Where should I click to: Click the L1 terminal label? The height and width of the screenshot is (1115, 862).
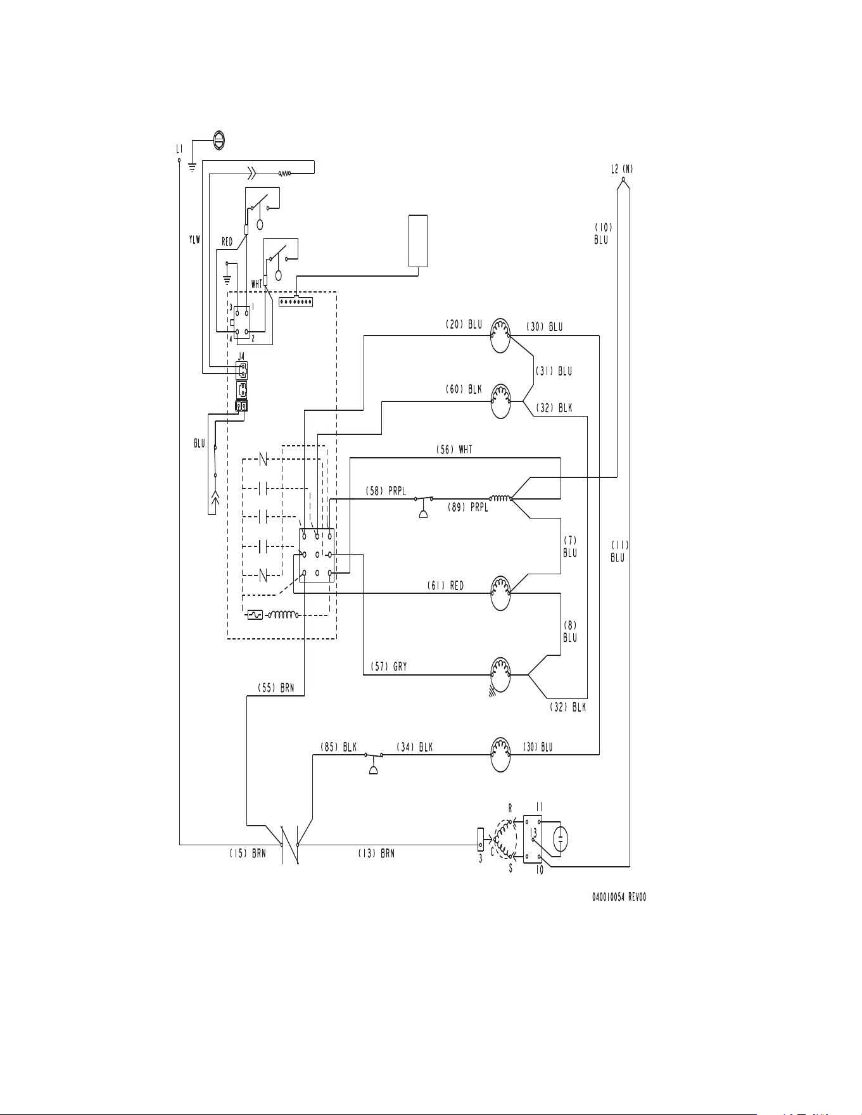179,149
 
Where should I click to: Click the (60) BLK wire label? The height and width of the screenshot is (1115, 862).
464,390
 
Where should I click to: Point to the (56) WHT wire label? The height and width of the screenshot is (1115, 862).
454,450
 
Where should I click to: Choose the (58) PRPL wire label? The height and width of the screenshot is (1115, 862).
386,491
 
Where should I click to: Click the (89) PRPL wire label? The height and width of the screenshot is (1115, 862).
468,507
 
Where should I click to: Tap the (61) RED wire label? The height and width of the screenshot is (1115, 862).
445,586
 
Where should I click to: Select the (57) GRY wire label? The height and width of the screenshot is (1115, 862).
389,667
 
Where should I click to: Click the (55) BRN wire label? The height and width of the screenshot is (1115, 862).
276,688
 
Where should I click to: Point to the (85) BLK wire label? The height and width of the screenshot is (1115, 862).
338,747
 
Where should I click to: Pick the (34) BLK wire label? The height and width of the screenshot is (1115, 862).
415,747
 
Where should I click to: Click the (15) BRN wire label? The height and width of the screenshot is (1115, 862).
248,854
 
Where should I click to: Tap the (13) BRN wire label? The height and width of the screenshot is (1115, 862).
376,854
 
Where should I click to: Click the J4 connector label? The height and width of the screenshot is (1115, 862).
241,357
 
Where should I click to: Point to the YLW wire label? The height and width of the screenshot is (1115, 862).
194,239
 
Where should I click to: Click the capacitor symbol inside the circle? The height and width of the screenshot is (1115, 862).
561,840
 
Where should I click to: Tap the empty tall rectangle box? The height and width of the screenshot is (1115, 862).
418,241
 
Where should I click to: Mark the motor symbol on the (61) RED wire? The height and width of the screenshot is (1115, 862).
501,593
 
